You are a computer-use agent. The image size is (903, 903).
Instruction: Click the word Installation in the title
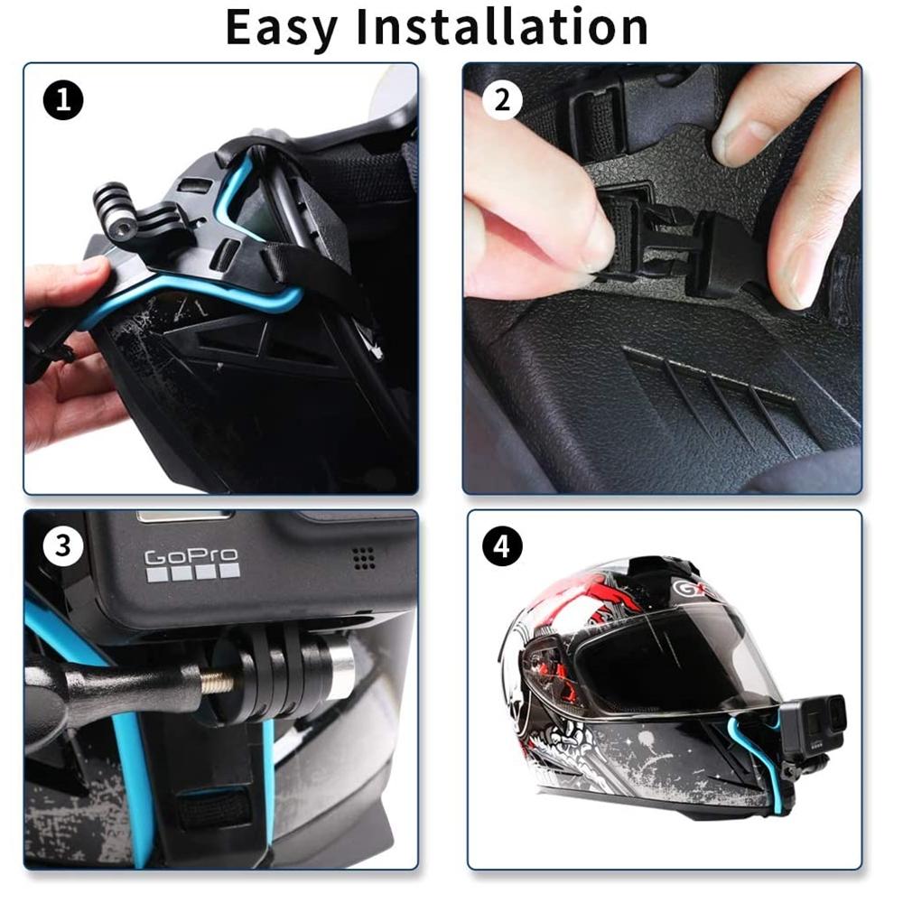pos(502,27)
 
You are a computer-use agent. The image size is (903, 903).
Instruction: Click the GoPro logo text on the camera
pos(191,558)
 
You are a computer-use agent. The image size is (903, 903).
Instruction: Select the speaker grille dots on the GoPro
pos(364,558)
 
